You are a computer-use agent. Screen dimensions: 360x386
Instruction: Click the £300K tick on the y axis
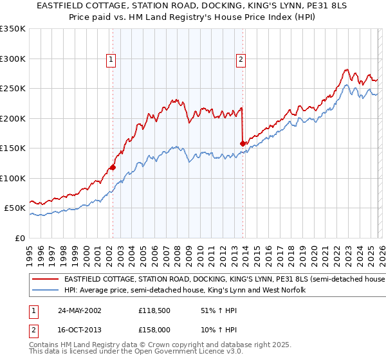[x=13, y=59]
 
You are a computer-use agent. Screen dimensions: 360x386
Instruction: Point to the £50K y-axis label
[x=14, y=208]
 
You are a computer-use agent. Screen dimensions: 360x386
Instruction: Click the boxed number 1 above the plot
[x=111, y=60]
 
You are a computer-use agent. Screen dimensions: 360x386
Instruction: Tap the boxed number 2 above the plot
[x=241, y=60]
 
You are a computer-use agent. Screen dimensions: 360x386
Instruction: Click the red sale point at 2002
[x=113, y=167]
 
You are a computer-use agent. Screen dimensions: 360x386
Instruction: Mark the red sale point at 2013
[x=243, y=143]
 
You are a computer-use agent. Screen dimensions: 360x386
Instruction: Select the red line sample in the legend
[x=45, y=280]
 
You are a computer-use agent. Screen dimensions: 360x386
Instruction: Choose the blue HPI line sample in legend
[x=45, y=291]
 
